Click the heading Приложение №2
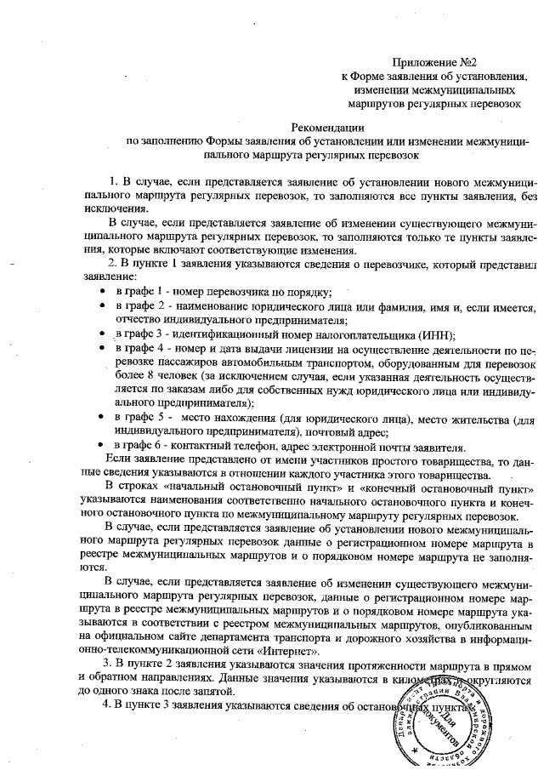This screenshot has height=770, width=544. coord(432,62)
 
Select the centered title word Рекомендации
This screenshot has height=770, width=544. coord(316,127)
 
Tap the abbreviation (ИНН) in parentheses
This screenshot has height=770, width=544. coord(436,335)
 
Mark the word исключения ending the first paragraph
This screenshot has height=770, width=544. coord(108,208)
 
